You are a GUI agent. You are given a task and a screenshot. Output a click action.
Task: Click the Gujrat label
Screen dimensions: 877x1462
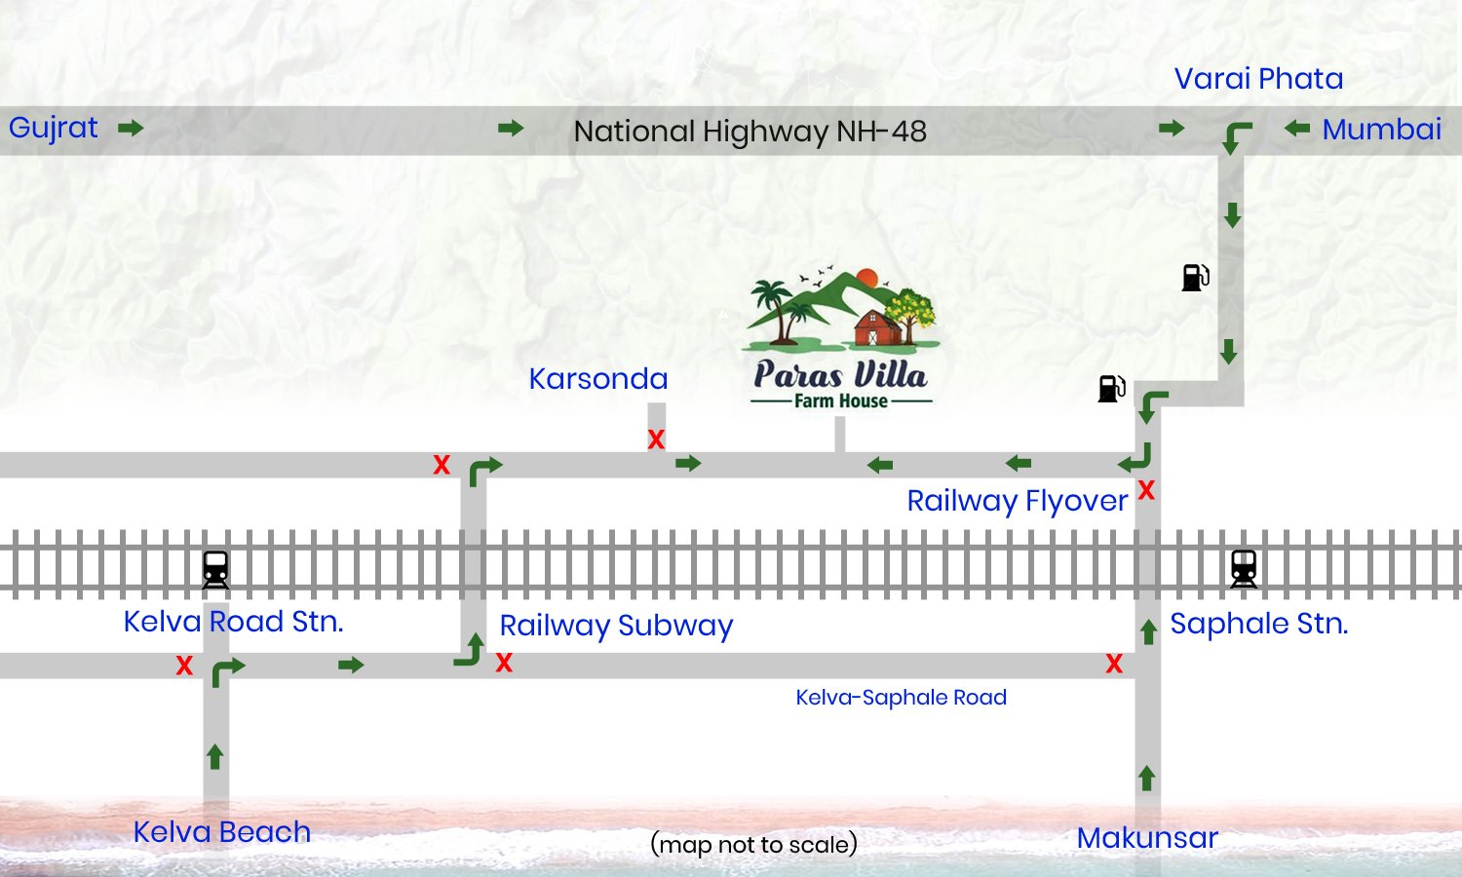pyautogui.click(x=54, y=128)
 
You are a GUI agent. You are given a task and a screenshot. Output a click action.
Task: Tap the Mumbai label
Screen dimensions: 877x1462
pyautogui.click(x=1381, y=129)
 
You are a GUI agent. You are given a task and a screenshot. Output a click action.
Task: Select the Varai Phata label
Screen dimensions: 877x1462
pyautogui.click(x=1258, y=78)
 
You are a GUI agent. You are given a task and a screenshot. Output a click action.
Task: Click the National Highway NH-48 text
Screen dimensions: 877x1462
pyautogui.click(x=750, y=131)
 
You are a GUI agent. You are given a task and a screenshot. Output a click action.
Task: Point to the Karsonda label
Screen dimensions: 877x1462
pyautogui.click(x=597, y=378)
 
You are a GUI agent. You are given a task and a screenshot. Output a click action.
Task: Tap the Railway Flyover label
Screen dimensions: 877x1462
pyautogui.click(x=1017, y=501)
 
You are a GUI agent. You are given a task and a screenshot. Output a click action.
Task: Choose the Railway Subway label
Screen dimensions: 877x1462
pyautogui.click(x=616, y=626)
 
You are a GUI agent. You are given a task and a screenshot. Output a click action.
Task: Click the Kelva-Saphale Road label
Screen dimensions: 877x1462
pyautogui.click(x=901, y=698)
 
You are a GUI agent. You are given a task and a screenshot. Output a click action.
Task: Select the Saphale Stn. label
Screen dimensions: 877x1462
pyautogui.click(x=1258, y=624)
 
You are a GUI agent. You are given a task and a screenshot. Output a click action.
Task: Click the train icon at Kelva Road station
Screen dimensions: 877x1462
pyautogui.click(x=215, y=569)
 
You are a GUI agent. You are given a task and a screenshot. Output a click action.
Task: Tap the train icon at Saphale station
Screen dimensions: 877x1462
pyautogui.click(x=1243, y=568)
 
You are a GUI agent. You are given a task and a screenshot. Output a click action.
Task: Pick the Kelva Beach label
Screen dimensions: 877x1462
pyautogui.click(x=221, y=832)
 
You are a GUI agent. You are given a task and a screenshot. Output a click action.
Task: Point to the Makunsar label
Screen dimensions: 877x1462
pyautogui.click(x=1147, y=838)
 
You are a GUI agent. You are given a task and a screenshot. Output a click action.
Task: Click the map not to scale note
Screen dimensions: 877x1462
pyautogui.click(x=753, y=844)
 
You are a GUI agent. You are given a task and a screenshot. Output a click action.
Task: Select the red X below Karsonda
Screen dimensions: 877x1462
pyautogui.click(x=656, y=439)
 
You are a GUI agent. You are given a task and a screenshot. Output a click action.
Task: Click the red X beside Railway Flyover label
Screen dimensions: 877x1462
pyautogui.click(x=1146, y=490)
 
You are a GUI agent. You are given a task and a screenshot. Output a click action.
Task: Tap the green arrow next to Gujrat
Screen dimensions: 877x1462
pyautogui.click(x=131, y=128)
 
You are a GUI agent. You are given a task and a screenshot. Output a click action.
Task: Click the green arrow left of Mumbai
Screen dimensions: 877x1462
pyautogui.click(x=1296, y=128)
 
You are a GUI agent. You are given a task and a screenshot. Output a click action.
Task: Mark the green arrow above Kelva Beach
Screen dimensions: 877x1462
pyautogui.click(x=215, y=756)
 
